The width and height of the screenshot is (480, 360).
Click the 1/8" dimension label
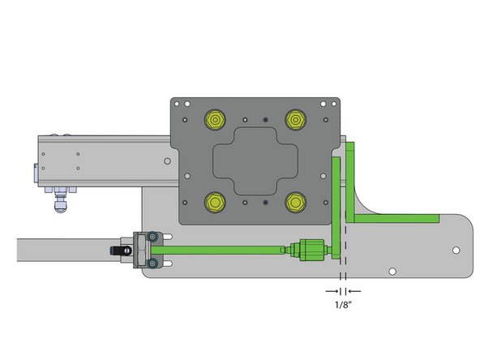coord(342,305)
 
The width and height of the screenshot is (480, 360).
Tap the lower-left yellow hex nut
coord(215,200)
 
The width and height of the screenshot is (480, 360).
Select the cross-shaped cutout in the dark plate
coord(255,161)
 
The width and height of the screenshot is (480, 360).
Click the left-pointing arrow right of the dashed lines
coord(354,289)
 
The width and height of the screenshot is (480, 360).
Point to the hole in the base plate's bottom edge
coord(392,271)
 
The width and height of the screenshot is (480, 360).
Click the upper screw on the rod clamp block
coord(152,237)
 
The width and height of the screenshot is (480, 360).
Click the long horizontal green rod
coord(227,249)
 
